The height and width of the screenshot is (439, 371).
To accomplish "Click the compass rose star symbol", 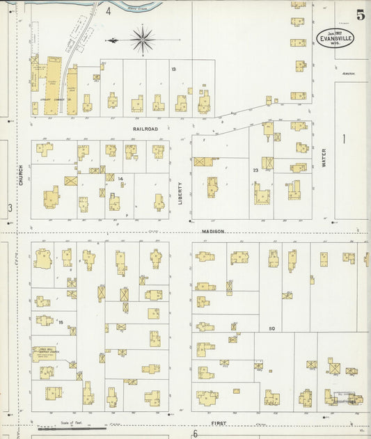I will pyautogui.click(x=143, y=40).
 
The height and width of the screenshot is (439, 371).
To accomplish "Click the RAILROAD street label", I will pyautogui.click(x=146, y=129).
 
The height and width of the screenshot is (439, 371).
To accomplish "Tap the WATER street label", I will pyautogui.click(x=324, y=159).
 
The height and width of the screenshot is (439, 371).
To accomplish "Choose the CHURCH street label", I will pyautogui.click(x=22, y=176).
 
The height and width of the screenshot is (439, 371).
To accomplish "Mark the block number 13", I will pyautogui.click(x=173, y=69).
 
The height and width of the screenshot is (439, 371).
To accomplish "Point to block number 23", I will pyautogui.click(x=255, y=169).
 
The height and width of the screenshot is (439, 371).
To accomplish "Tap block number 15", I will pyautogui.click(x=61, y=322).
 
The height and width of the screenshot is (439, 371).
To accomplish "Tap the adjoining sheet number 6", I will pyautogui.click(x=195, y=433).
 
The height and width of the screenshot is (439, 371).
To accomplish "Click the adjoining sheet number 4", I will pyautogui.click(x=109, y=11).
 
